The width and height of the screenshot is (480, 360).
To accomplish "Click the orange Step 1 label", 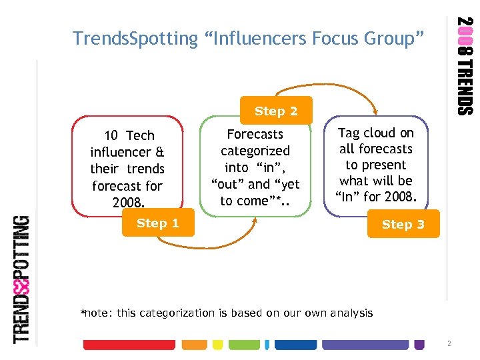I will (157, 223).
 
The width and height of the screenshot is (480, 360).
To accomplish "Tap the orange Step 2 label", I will (276, 111).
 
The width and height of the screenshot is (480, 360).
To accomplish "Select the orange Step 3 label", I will (403, 225).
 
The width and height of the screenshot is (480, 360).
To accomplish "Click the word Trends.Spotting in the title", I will (135, 39).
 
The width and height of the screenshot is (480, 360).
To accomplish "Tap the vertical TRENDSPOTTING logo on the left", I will (23, 279).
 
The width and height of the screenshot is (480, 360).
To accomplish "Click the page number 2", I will (449, 344).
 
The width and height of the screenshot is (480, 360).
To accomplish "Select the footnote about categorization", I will (227, 313).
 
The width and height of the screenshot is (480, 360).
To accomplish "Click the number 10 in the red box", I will (111, 136).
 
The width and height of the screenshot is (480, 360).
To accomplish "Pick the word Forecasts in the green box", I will (255, 135).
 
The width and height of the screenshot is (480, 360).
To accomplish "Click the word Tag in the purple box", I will (350, 133).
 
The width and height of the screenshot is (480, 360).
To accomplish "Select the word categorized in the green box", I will (255, 151).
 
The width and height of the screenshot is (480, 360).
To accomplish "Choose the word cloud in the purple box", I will (381, 133).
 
